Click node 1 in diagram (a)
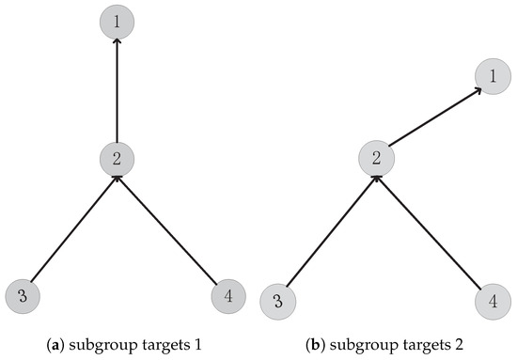116,20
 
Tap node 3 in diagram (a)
23,297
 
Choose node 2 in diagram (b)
376,158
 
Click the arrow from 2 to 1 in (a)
116,89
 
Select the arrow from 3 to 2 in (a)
71,225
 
